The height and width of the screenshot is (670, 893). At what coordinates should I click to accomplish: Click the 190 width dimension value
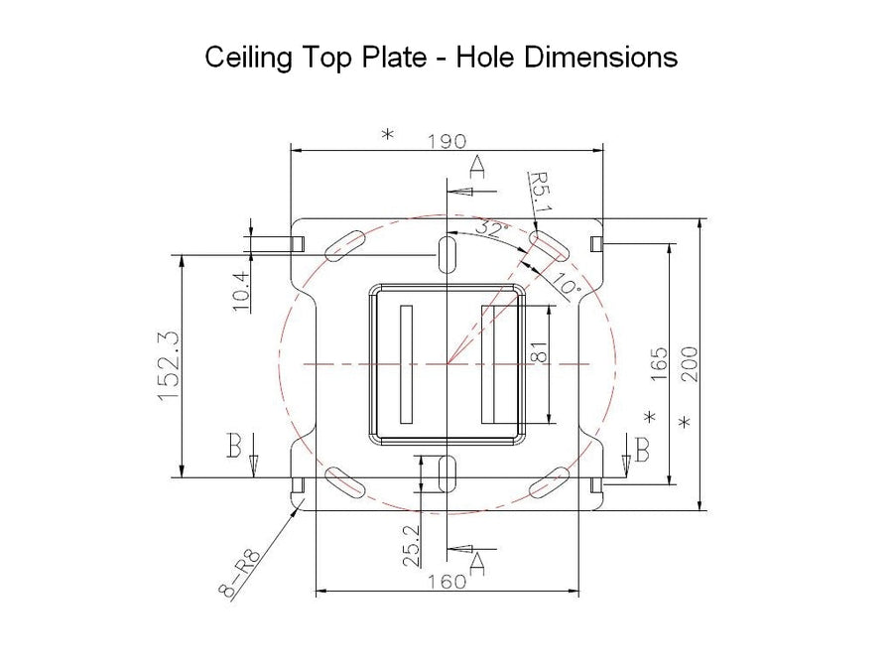pos(446,140)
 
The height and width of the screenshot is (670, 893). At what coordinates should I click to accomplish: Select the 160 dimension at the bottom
pos(446,582)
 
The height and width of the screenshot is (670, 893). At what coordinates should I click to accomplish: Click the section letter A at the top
pos(477,167)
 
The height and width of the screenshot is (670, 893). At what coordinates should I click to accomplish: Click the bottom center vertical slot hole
pos(447,472)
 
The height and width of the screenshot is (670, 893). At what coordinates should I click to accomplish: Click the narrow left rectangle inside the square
pos(405,363)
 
